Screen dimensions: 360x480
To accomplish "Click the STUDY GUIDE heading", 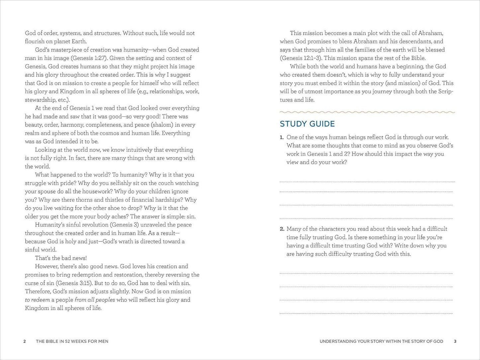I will click(x=307, y=124).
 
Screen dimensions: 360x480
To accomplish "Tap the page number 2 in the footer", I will click(x=25, y=341).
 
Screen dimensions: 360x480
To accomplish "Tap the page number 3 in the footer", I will click(x=455, y=341).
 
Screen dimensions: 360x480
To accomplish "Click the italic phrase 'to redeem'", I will click(x=37, y=300).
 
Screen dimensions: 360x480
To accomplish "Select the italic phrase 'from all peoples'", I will click(x=95, y=300).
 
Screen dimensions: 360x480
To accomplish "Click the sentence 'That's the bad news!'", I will click(x=61, y=258).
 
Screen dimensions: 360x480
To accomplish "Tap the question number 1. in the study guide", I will click(x=282, y=137).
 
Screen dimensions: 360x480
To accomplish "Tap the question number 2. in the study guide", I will click(x=282, y=229).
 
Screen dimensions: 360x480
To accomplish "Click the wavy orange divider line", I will click(x=367, y=112).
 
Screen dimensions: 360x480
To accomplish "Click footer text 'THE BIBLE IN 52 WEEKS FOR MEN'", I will click(x=72, y=341).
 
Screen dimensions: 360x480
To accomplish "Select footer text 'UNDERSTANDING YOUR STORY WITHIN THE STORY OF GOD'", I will click(x=381, y=341).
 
